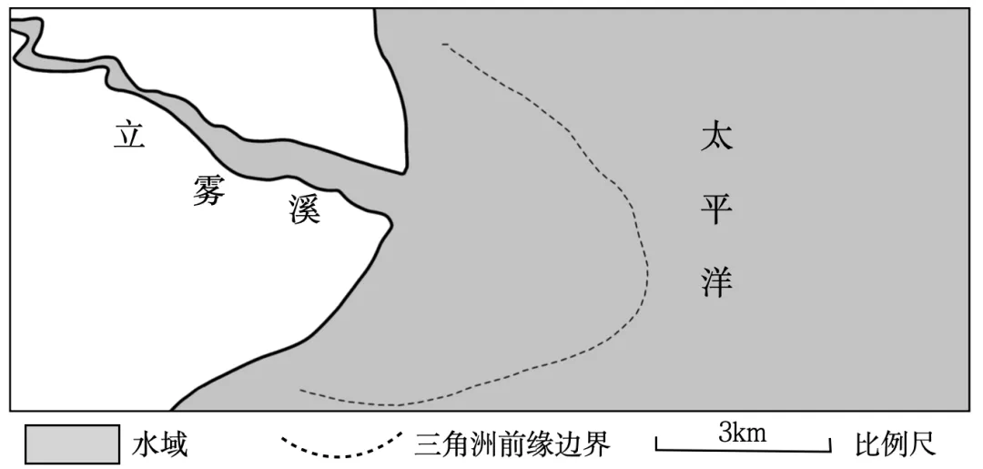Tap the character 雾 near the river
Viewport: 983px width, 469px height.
pyautogui.click(x=208, y=189)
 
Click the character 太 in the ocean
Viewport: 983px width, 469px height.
pyautogui.click(x=716, y=138)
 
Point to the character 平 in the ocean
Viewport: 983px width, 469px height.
pyautogui.click(x=716, y=211)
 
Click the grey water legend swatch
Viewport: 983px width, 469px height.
pyautogui.click(x=73, y=444)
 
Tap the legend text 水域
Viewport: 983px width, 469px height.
pyautogui.click(x=159, y=445)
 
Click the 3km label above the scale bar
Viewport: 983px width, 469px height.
pyautogui.click(x=742, y=433)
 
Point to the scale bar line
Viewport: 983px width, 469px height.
pyautogui.click(x=744, y=449)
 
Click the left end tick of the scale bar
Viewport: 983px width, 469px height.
pyautogui.click(x=657, y=444)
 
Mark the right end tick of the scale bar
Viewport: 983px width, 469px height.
pyautogui.click(x=830, y=444)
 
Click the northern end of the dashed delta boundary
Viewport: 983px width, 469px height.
pyautogui.click(x=442, y=44)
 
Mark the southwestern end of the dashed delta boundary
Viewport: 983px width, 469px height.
pyautogui.click(x=300, y=392)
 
